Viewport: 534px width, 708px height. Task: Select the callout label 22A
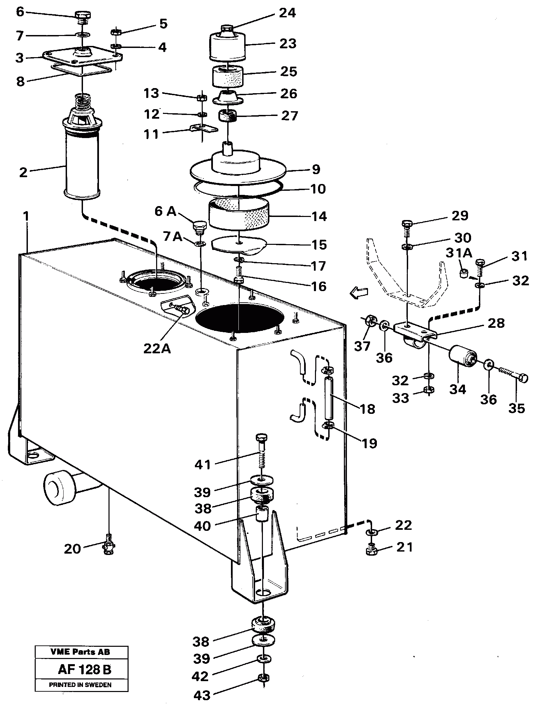pyautogui.click(x=157, y=348)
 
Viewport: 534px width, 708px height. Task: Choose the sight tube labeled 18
pyautogui.click(x=329, y=398)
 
